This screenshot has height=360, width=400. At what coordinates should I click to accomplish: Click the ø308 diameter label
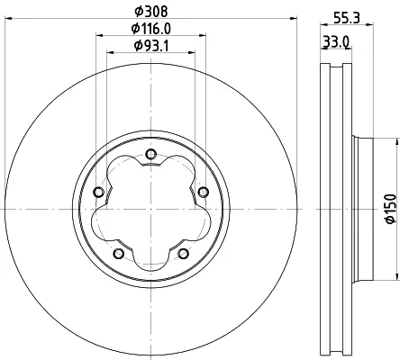pyautogui.click(x=151, y=12)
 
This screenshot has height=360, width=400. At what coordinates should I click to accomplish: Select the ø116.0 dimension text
pyautogui.click(x=151, y=29)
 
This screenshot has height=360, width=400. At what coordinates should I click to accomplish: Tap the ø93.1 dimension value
pyautogui.click(x=151, y=46)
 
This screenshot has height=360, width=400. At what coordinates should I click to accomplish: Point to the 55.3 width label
pyautogui.click(x=347, y=19)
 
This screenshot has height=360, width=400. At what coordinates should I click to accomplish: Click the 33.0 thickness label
pyautogui.click(x=336, y=41)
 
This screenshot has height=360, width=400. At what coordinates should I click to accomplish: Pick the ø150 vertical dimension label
pyautogui.click(x=391, y=209)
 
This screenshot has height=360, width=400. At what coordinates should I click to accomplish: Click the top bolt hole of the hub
pyautogui.click(x=150, y=155)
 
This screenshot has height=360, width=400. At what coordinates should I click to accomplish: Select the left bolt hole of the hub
pyautogui.click(x=99, y=192)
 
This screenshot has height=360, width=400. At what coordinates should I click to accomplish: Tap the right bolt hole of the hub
pyautogui.click(x=204, y=192)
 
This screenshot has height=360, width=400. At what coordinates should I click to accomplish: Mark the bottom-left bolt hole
pyautogui.click(x=119, y=254)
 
